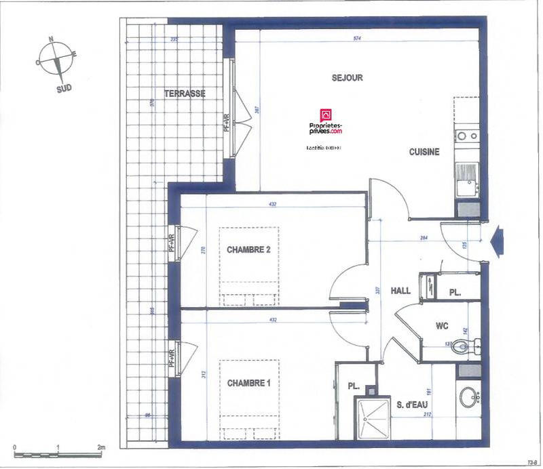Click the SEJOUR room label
pos(347,78)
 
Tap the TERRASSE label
pos(185,94)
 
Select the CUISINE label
pos(424,152)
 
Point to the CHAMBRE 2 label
pos(248,250)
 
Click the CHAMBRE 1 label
pos(248,383)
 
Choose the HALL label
pos(400,291)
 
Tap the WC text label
pos(442,326)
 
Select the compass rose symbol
pos(56,60)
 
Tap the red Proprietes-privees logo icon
pos(325,115)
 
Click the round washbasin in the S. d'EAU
pos(468,397)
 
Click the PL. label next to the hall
pos(456,293)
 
